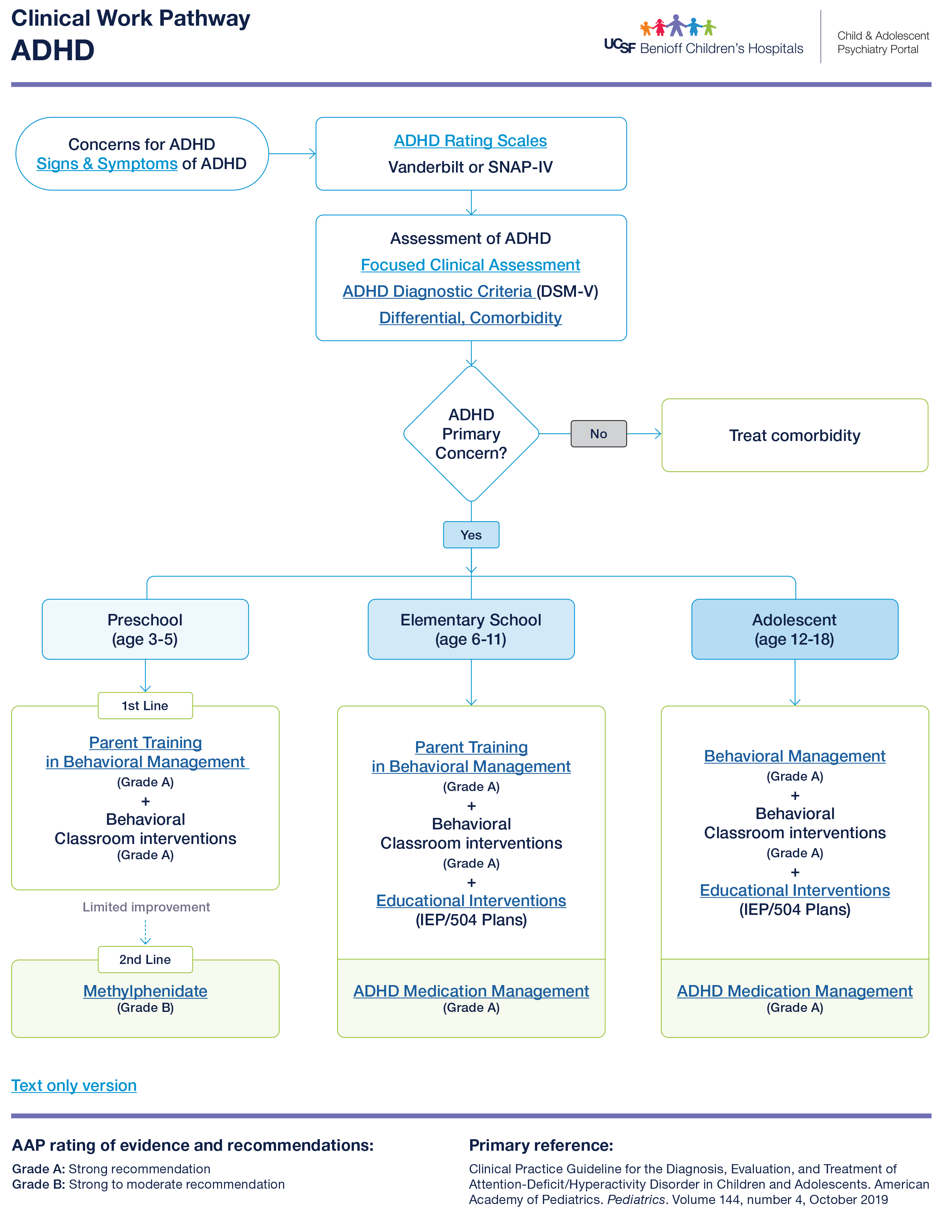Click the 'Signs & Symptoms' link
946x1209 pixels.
click(107, 164)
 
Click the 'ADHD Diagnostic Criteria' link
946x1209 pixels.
click(438, 291)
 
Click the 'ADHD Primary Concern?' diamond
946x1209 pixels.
click(471, 434)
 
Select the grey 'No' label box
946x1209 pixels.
click(598, 434)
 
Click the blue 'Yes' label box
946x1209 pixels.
click(471, 535)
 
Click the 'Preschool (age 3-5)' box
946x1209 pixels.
click(145, 629)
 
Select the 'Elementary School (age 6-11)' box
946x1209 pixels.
click(471, 629)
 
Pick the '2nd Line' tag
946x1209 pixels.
click(145, 959)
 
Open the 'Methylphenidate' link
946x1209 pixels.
click(145, 991)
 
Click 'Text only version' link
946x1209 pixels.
click(74, 1086)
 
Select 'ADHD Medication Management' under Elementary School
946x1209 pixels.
click(471, 991)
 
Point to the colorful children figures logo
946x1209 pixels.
click(677, 25)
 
